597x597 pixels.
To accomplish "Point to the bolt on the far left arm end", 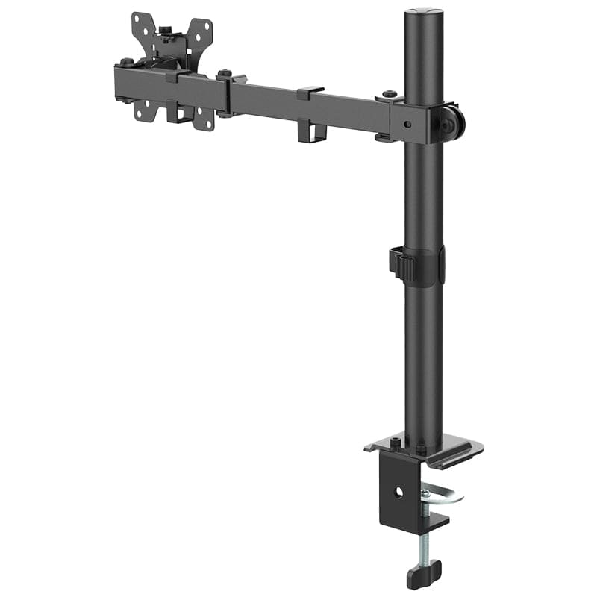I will pyautogui.click(x=127, y=63).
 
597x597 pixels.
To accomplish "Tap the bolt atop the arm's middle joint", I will pyautogui.click(x=224, y=74).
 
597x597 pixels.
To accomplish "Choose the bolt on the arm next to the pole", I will pyautogui.click(x=388, y=95).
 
